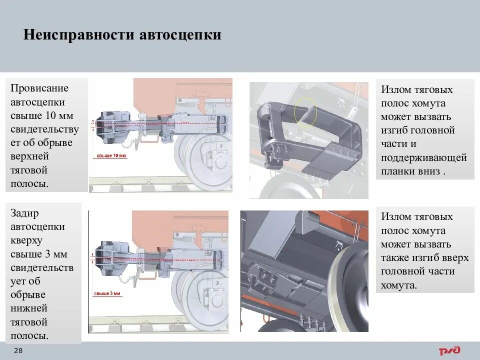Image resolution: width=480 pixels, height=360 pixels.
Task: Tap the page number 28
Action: click(x=18, y=350)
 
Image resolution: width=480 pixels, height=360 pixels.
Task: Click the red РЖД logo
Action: click(x=449, y=350)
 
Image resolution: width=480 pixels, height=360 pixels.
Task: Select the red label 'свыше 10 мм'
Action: click(x=110, y=156)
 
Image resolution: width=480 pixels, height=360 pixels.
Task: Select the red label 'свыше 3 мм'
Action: click(x=107, y=293)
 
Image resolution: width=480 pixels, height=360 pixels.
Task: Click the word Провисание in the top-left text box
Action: click(x=39, y=88)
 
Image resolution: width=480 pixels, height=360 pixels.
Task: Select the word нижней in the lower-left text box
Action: click(x=29, y=308)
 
